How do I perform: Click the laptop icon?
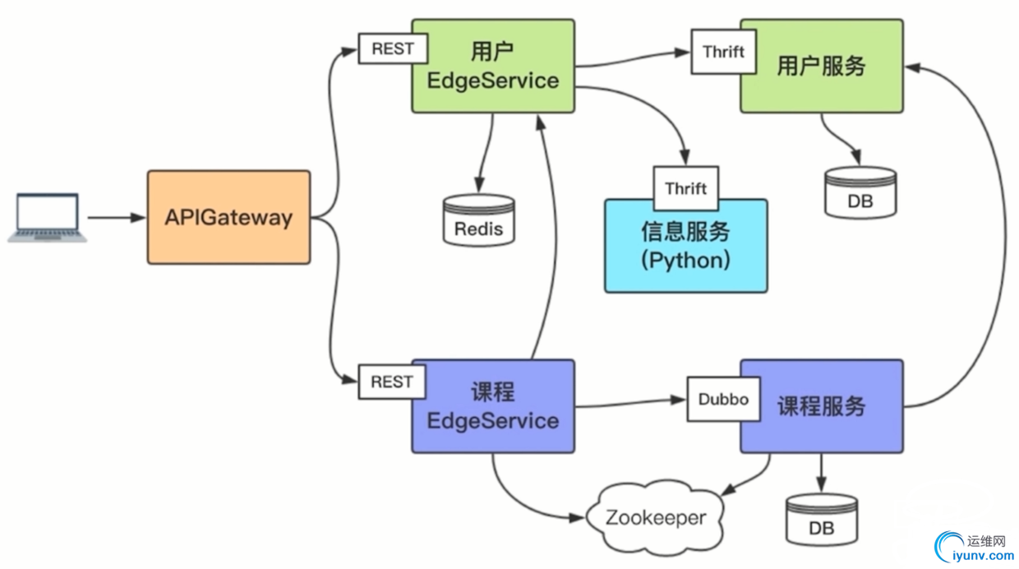(x=48, y=218)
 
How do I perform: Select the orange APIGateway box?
(x=228, y=218)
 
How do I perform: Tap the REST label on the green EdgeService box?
(x=393, y=49)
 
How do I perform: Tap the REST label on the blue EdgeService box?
(x=392, y=382)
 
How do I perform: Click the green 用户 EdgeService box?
(x=493, y=67)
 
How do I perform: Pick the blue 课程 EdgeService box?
(x=493, y=406)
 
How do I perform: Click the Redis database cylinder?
(x=479, y=220)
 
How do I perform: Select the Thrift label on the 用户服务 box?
(x=723, y=52)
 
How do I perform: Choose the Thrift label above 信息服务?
(x=686, y=188)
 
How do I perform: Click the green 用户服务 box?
(x=822, y=67)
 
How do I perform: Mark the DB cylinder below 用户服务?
(x=860, y=193)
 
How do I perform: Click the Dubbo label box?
(x=723, y=400)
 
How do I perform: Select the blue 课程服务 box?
(x=822, y=406)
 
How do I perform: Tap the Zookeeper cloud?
(x=656, y=518)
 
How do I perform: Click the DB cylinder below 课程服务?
(x=822, y=520)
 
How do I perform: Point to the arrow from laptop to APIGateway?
(x=116, y=218)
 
